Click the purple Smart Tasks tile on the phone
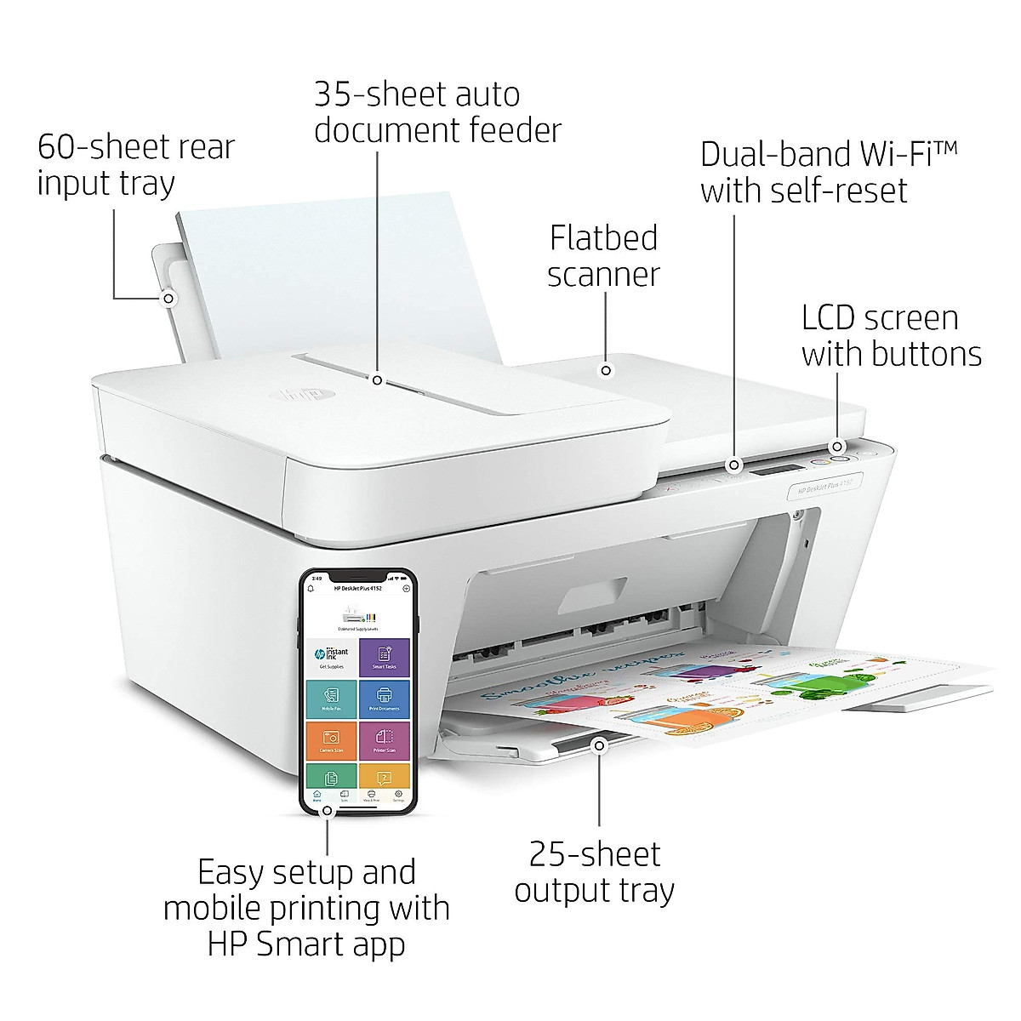pos(384,656)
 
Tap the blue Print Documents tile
pos(384,697)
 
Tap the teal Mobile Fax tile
pos(332,697)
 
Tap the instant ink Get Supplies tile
pos(332,656)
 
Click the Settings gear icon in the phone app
pos(397,796)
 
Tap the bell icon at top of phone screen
pos(311,588)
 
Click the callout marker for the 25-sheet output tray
pos(599,745)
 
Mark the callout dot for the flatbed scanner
pos(606,370)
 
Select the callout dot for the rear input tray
pos(168,299)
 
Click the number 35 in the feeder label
pos(333,94)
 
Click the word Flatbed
pos(603,238)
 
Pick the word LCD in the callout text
pos(830,318)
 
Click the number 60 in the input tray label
pos(55,147)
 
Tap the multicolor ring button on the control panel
pos(838,458)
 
